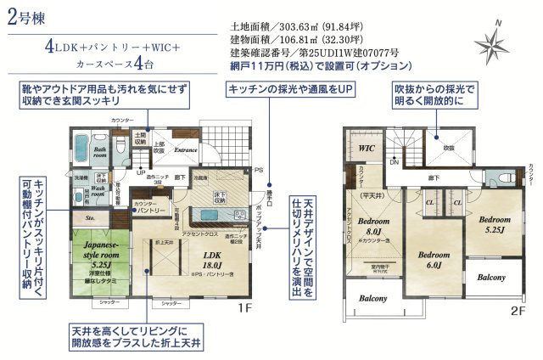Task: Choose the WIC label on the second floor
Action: coord(367,148)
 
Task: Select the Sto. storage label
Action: coord(90,217)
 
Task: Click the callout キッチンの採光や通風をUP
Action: coord(288,90)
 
